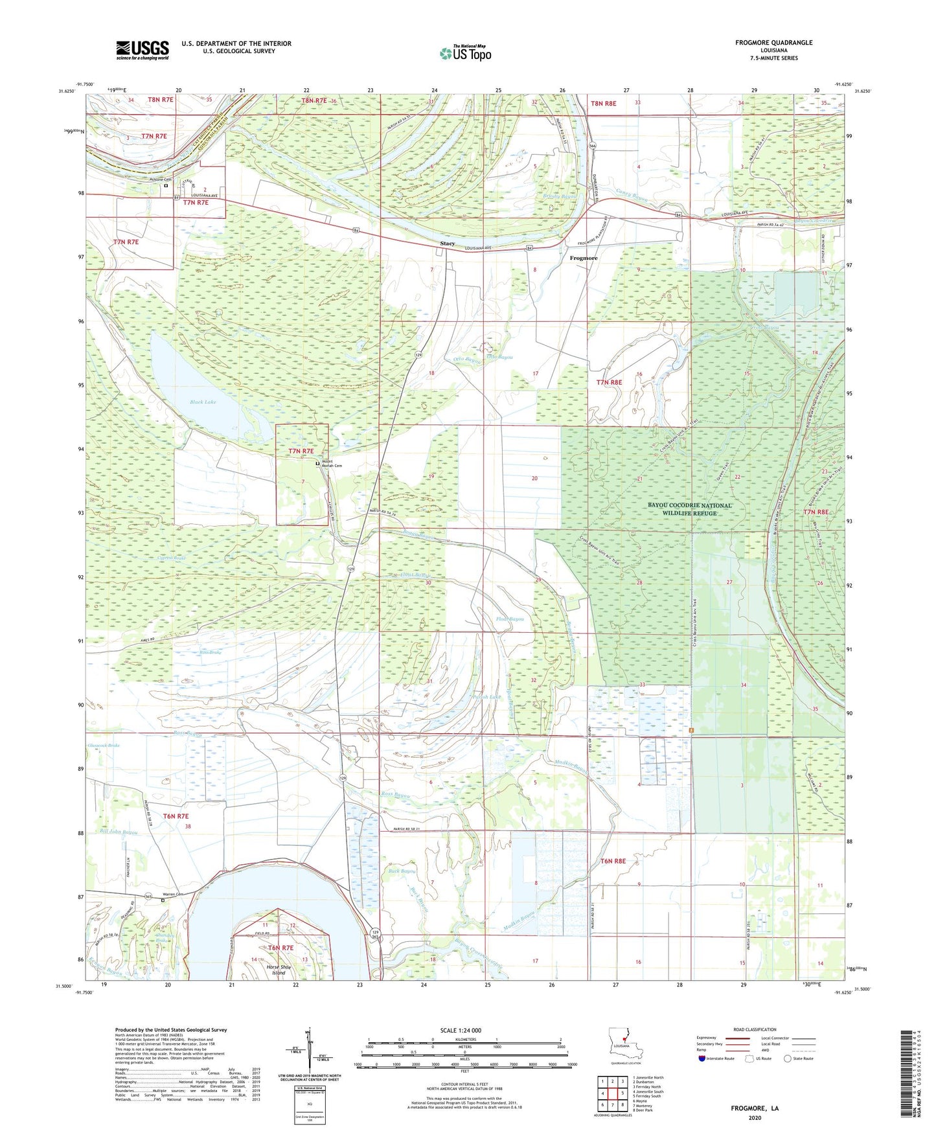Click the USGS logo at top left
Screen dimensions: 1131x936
[143, 50]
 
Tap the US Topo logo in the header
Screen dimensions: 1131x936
[465, 53]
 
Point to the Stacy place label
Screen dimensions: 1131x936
[447, 244]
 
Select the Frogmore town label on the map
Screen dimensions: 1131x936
[583, 258]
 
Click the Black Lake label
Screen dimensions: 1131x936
[203, 402]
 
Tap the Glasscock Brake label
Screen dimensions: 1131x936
[104, 746]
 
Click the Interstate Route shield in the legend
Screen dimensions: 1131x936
[703, 1058]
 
